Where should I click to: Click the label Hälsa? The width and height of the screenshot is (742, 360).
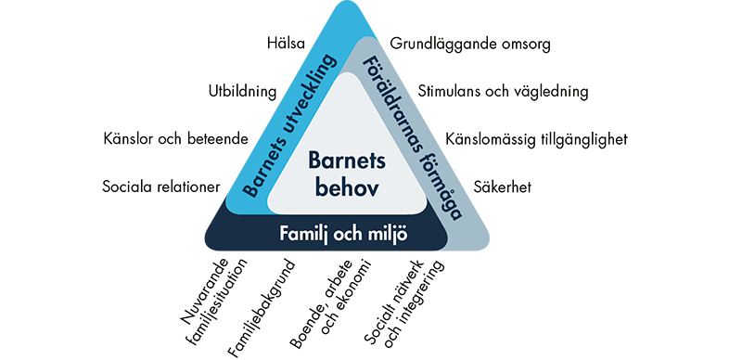pos(286,44)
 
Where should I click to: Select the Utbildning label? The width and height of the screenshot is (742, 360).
pos(242,92)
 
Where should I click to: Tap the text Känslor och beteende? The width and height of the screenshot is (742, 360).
pos(175,139)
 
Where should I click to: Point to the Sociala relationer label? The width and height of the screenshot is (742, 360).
pos(161,186)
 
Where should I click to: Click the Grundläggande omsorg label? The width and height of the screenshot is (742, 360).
pos(470,45)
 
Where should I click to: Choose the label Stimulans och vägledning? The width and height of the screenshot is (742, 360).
pos(503,92)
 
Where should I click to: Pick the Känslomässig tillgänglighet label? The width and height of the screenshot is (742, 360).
pos(537,140)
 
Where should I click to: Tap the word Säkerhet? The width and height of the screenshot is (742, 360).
pos(503,186)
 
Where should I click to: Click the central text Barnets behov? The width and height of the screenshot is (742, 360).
pos(347,174)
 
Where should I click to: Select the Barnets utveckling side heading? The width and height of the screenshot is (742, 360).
pos(290,125)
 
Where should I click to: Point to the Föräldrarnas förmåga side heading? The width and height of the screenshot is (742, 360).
pos(412,138)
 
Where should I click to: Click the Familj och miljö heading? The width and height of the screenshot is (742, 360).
pos(343,235)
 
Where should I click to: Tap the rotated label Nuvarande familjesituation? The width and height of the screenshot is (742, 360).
pos(215,299)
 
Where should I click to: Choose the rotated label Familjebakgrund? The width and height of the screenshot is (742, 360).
pos(262,307)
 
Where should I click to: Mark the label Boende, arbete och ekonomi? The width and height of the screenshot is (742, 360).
pos(330,303)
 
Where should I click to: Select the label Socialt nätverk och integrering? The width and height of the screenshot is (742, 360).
pos(405,303)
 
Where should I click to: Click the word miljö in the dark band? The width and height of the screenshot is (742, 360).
pos(386,235)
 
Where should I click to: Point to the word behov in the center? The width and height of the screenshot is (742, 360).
pos(347,188)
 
